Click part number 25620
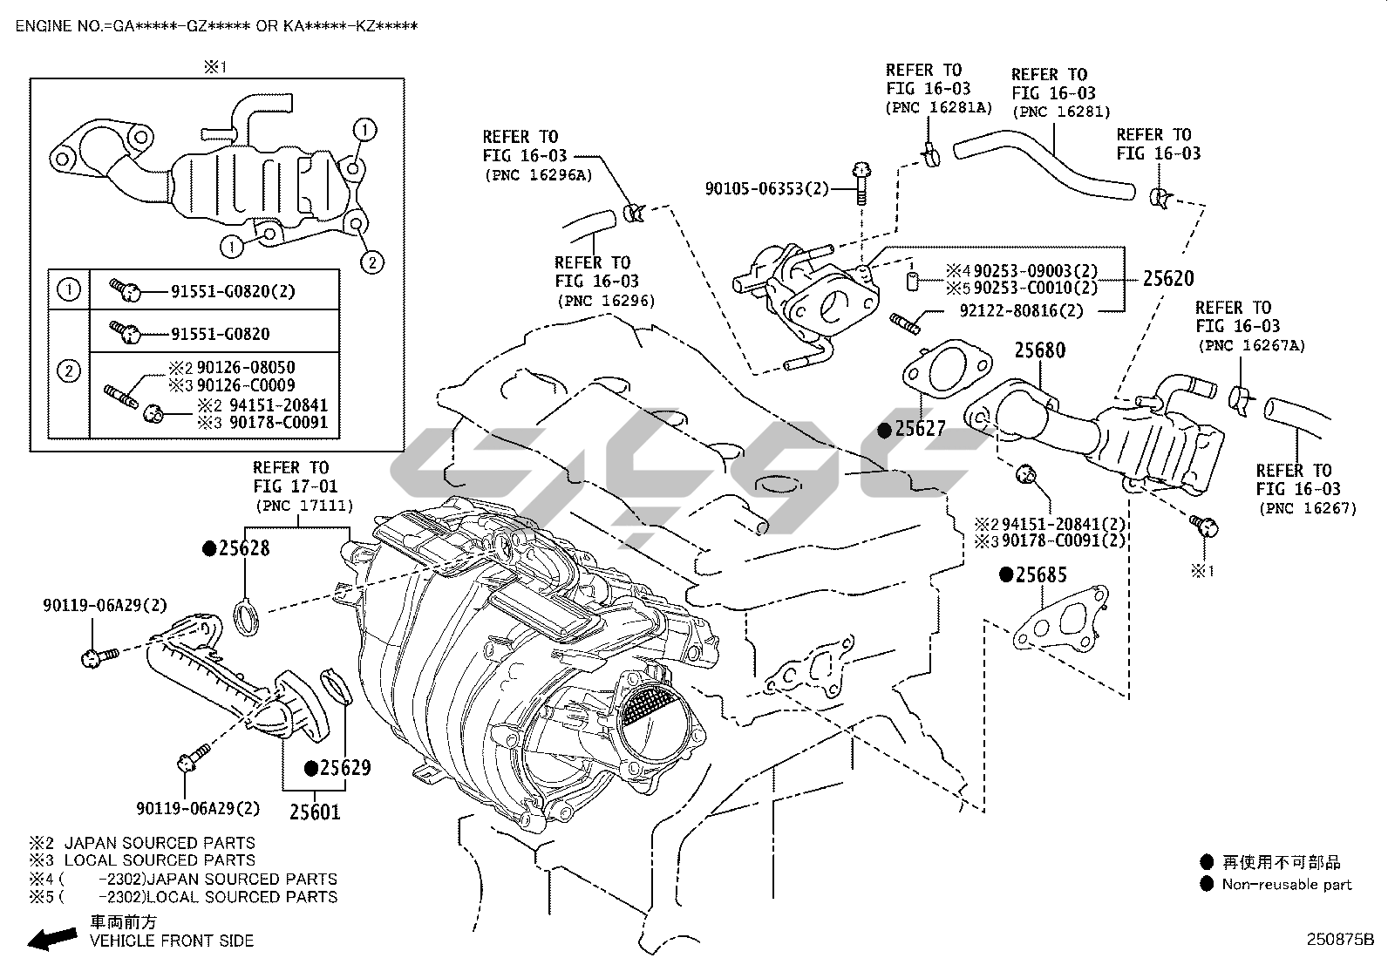(1168, 279)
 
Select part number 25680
(1039, 350)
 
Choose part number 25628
(243, 548)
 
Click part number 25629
(344, 768)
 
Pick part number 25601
(315, 812)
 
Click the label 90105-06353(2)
(767, 188)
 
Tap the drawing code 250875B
(1339, 940)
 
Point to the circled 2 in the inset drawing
(371, 262)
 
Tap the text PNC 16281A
(939, 107)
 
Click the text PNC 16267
(1306, 508)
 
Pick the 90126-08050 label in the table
(245, 368)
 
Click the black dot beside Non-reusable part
(1207, 885)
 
